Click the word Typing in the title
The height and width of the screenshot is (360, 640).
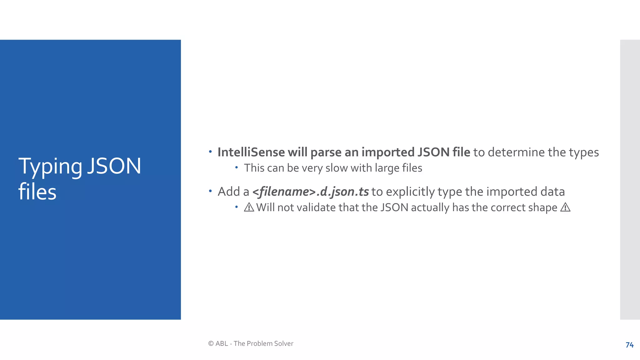click(x=50, y=167)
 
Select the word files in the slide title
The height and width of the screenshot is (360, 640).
click(x=37, y=192)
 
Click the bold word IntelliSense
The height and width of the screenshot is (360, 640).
click(x=251, y=152)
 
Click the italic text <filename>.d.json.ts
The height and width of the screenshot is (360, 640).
click(x=310, y=192)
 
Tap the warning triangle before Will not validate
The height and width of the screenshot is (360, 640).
click(x=249, y=207)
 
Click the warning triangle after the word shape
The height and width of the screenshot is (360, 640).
click(x=565, y=207)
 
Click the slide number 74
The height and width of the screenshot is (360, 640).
click(x=629, y=345)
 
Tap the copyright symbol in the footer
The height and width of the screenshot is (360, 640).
click(x=211, y=343)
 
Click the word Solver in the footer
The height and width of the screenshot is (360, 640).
click(x=284, y=343)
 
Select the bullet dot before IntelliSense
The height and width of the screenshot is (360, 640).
click(x=210, y=152)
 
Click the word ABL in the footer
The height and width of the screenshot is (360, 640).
click(x=222, y=343)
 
